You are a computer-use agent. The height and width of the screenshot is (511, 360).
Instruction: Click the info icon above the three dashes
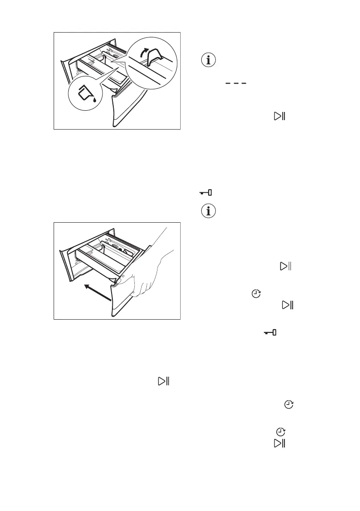209,60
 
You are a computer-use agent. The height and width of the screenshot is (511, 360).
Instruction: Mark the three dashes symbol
235,84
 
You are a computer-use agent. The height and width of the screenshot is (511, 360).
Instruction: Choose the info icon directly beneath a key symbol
209,211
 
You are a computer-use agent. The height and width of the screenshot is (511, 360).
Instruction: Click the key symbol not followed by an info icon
270,333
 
